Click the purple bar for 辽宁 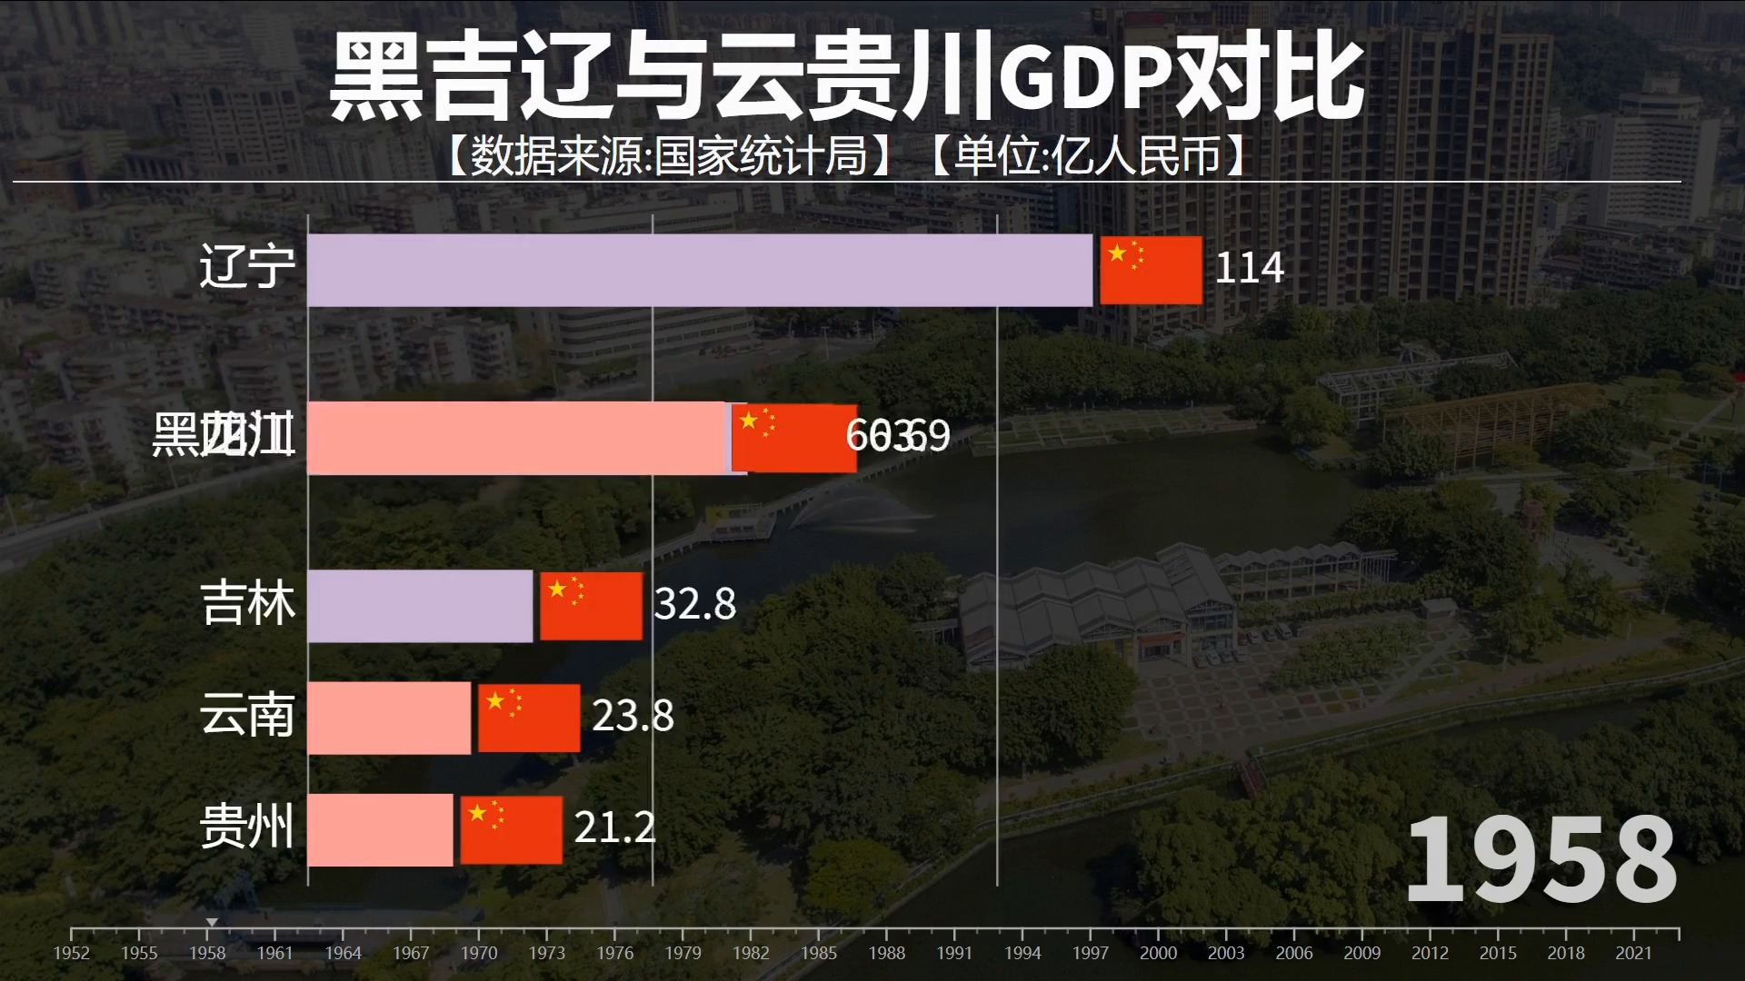[x=700, y=270]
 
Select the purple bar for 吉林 [x=420, y=606]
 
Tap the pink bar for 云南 [x=389, y=718]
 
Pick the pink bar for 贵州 [x=380, y=829]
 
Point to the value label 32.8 [x=694, y=605]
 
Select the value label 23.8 [x=633, y=717]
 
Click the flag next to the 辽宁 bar [x=1151, y=270]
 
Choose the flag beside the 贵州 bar [x=511, y=829]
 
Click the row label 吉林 [x=247, y=605]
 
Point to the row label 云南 [x=247, y=717]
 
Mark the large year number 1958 [x=1541, y=859]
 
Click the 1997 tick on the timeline [x=1090, y=934]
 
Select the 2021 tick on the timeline [x=1633, y=934]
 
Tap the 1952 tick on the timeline [x=72, y=934]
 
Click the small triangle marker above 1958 [x=212, y=922]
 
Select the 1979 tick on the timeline [x=683, y=934]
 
